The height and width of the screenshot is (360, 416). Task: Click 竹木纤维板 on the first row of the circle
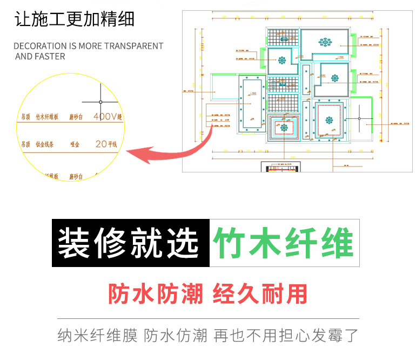coord(48,117)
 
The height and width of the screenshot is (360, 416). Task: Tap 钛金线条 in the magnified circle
coord(46,145)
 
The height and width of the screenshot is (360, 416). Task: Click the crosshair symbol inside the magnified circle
coord(100,102)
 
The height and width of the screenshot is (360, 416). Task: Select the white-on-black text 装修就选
coord(129,243)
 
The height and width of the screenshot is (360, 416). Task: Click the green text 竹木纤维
coord(284,243)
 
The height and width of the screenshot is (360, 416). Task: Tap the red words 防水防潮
coord(156,294)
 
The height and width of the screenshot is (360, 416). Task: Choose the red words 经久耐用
coord(260,294)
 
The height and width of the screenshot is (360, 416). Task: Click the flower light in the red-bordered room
coord(328,121)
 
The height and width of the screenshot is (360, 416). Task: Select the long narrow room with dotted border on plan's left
coord(251,102)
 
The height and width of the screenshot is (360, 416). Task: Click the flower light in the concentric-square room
coord(284,129)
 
